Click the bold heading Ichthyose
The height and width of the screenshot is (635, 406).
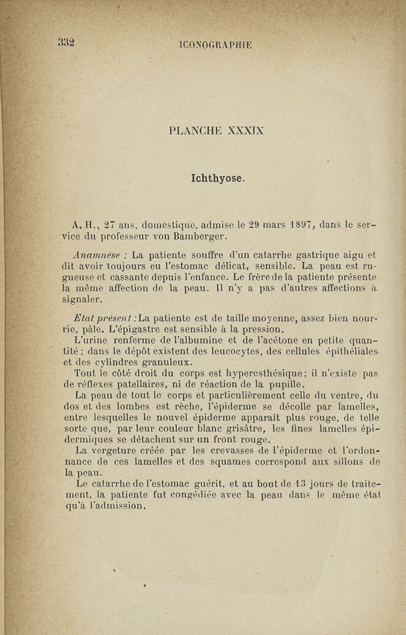[x=218, y=179]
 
